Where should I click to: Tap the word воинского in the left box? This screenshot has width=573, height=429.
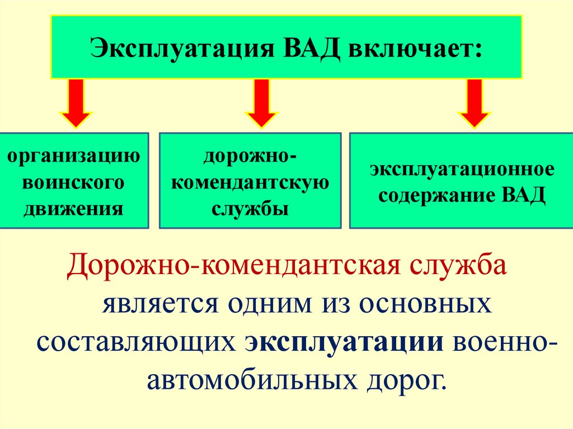tap(74, 182)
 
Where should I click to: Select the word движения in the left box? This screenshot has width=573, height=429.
tap(75, 209)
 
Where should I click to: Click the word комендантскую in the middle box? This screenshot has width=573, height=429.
tap(250, 182)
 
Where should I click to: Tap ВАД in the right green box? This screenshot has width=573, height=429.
tap(524, 196)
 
